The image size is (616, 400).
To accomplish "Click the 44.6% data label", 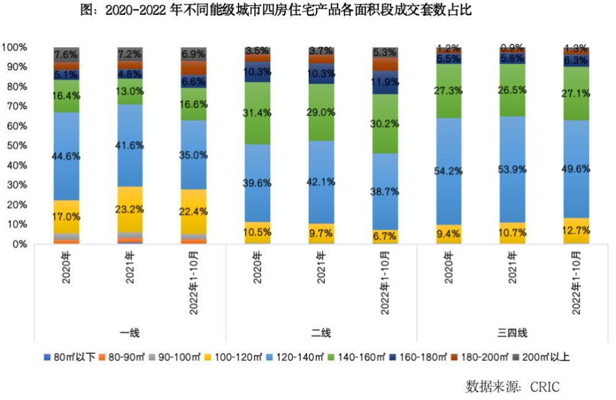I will (66, 157).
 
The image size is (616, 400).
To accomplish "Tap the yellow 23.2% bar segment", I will (130, 210).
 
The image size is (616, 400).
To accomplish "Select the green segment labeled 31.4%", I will (257, 113).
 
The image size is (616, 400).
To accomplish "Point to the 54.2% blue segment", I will (449, 171).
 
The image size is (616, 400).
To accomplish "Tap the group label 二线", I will (321, 333).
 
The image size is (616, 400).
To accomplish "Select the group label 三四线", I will (513, 333).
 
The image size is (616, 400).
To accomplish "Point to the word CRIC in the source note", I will (542, 386).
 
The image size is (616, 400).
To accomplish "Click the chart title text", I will (277, 10).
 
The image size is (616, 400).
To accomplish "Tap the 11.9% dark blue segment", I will (385, 83).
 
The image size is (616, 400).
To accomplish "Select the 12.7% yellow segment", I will (577, 231).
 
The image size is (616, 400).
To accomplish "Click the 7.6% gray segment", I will (66, 54).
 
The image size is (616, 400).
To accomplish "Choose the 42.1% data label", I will (321, 182).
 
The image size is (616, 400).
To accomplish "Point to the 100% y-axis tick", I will (14, 47).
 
